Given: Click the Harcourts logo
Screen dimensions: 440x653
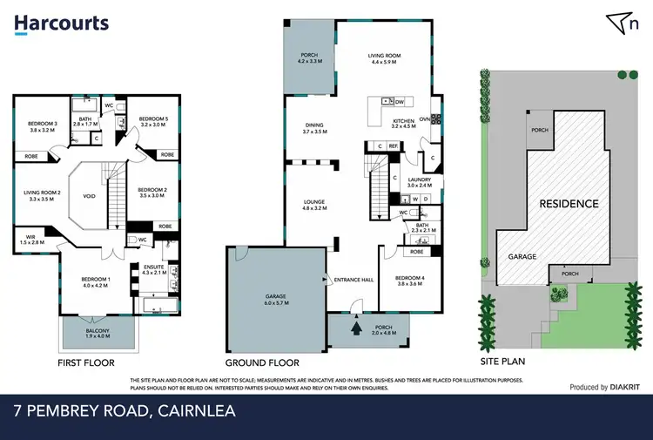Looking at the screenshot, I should click(x=61, y=24).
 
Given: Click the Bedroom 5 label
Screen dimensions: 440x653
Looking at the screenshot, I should click(x=152, y=121).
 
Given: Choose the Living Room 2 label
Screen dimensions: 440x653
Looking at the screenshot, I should click(x=43, y=196).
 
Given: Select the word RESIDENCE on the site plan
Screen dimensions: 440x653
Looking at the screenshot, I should click(x=569, y=204).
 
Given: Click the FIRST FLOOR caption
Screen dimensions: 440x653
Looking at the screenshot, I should click(x=85, y=362).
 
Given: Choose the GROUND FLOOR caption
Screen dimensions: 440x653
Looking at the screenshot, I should click(x=262, y=362).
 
